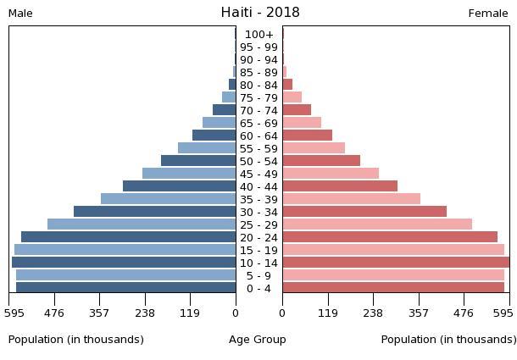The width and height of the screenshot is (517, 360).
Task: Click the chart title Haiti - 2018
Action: pos(260,13)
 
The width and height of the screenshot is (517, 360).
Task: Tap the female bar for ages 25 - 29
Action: pos(377,224)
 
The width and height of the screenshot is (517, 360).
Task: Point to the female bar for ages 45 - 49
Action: pos(331,174)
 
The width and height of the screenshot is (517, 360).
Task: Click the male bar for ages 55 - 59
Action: pos(207,148)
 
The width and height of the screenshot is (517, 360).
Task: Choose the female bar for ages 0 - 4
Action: pos(393,288)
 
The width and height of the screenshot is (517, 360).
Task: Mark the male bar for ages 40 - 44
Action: pos(179,186)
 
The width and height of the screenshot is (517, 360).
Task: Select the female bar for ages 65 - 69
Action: pos(302,123)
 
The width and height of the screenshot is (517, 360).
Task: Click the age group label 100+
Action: pos(258,35)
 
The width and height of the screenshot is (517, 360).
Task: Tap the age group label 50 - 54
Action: pos(258,161)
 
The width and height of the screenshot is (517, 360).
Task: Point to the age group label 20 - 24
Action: pos(258,237)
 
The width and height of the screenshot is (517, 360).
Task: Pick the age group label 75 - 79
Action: pos(258,98)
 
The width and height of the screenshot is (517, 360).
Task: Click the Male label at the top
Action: pos(20,14)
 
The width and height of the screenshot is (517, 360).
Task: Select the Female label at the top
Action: pos(488,14)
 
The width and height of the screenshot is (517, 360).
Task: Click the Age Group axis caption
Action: pos(258,340)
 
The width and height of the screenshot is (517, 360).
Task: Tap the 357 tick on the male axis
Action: pos(99,313)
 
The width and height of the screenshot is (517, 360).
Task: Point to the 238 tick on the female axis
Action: pos(373,313)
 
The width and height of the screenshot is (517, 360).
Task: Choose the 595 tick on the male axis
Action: pos(14,313)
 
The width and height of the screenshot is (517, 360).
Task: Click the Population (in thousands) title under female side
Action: pos(448,340)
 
